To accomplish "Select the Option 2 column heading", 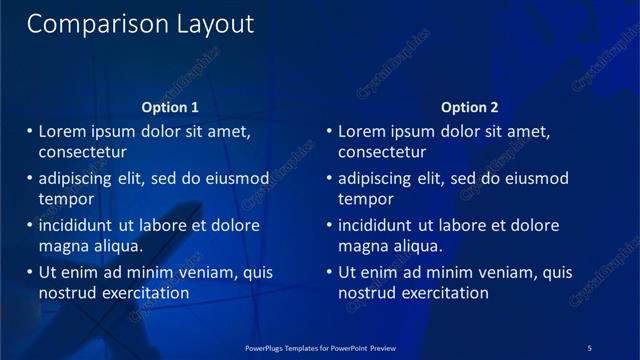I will tap(469, 107).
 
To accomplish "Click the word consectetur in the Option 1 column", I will tap(82, 152).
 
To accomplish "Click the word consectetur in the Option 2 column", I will tap(382, 152).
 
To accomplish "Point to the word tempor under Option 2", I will tap(365, 199).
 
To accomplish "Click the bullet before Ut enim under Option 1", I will tap(29, 272).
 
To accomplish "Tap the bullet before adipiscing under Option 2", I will tap(329, 179).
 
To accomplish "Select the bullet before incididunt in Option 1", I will tap(29, 226).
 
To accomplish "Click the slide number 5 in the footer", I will tap(589, 347).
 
